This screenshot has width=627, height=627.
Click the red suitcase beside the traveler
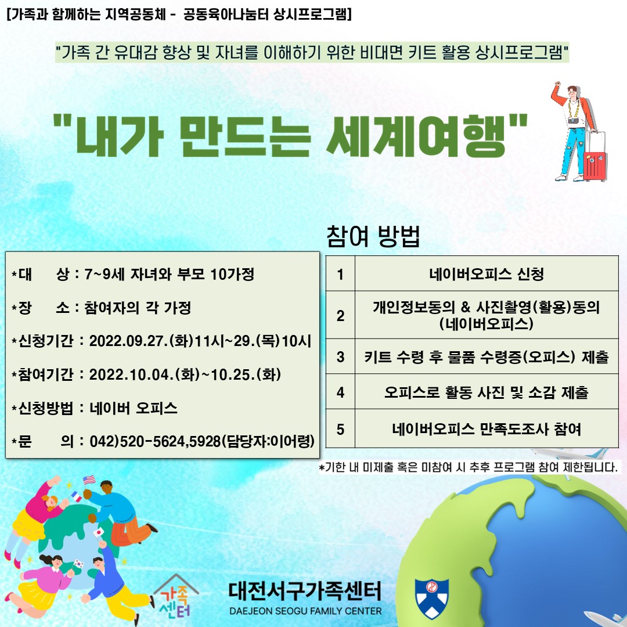(x=595, y=166)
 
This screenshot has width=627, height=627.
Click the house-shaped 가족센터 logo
(x=175, y=596)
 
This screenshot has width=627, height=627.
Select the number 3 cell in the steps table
(x=340, y=356)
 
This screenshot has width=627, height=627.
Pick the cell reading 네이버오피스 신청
(x=487, y=274)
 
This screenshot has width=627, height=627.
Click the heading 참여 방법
(x=373, y=236)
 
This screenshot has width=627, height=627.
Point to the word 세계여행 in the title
(x=416, y=135)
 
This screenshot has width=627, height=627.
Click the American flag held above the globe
(x=89, y=480)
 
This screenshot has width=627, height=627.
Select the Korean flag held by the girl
(x=79, y=564)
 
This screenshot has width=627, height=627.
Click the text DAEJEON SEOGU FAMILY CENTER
(x=305, y=611)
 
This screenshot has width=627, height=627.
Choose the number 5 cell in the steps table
(x=340, y=429)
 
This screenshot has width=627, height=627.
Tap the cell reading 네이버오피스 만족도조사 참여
(x=487, y=429)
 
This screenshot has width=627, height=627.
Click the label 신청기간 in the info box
(x=46, y=341)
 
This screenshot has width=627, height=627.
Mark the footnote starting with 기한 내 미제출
(x=468, y=467)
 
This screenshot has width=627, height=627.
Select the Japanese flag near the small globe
(x=98, y=532)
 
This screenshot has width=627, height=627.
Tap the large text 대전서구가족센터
(x=305, y=592)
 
